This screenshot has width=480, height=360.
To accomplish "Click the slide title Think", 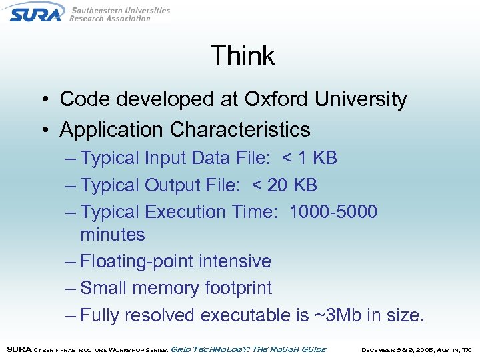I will pyautogui.click(x=243, y=55).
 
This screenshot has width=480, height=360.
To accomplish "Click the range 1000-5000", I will pyautogui.click(x=333, y=212).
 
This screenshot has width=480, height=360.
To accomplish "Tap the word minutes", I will pyautogui.click(x=113, y=235).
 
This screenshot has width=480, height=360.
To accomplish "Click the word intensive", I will pyautogui.click(x=238, y=261).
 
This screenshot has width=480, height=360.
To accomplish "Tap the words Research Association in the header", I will pyautogui.click(x=110, y=19).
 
